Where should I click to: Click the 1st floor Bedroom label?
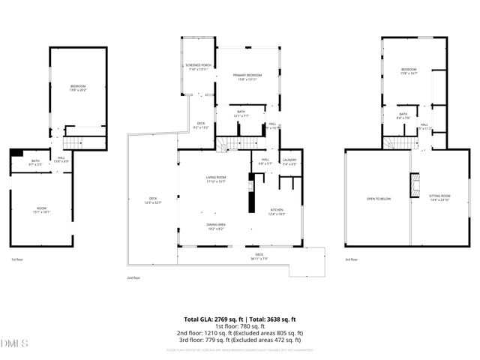[79, 88]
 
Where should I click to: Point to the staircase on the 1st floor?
[73, 144]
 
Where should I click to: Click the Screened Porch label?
[199, 67]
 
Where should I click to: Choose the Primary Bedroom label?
[247, 76]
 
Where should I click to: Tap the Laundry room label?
[289, 161]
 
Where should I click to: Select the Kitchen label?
[277, 211]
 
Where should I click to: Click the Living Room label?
[217, 178]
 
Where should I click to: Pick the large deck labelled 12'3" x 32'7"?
[152, 200]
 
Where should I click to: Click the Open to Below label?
[378, 199]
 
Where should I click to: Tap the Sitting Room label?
[439, 199]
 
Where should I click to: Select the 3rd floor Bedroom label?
[409, 71]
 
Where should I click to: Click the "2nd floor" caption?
[134, 277]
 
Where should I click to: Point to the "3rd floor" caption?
[351, 259]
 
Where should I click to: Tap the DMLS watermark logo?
[13, 343]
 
